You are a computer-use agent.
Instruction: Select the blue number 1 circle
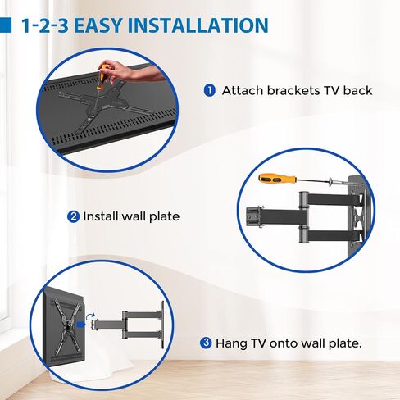tap(209, 90)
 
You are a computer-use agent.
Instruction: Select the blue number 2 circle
tap(73, 217)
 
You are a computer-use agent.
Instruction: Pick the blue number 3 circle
tap(206, 343)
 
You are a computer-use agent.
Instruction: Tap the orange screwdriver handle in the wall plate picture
tap(275, 179)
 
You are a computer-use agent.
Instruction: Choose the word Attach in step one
tap(243, 90)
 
